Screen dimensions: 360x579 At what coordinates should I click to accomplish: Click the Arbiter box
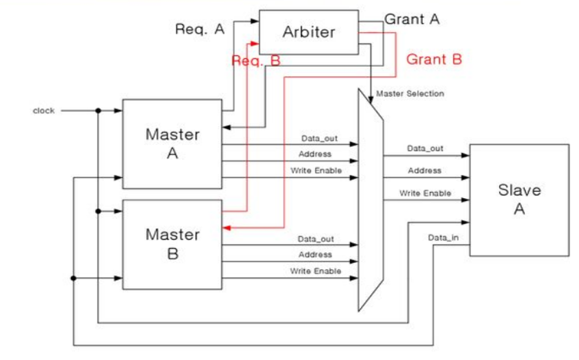pos(308,32)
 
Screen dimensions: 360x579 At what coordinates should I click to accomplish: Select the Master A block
pos(172,143)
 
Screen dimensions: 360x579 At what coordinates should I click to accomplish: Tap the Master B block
pos(172,244)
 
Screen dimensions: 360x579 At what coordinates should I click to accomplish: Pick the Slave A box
pos(519,199)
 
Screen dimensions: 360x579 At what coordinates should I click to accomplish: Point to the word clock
pos(44,111)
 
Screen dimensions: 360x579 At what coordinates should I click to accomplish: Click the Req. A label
pos(200,29)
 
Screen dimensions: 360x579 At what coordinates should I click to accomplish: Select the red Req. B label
pos(256,61)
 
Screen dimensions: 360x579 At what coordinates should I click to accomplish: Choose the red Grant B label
pos(434,59)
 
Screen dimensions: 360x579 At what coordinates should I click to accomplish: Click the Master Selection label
pos(409,94)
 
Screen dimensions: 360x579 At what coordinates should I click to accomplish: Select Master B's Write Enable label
pos(315,271)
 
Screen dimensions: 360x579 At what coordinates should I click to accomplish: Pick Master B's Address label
pos(315,255)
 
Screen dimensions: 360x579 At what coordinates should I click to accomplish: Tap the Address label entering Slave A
pos(425,171)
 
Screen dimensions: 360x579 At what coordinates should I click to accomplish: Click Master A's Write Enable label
pos(315,170)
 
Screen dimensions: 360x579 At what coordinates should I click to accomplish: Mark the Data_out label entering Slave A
pos(425,148)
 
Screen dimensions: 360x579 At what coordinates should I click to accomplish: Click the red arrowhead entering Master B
pos(226,228)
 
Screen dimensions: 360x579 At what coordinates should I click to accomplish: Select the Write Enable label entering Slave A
pos(425,193)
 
